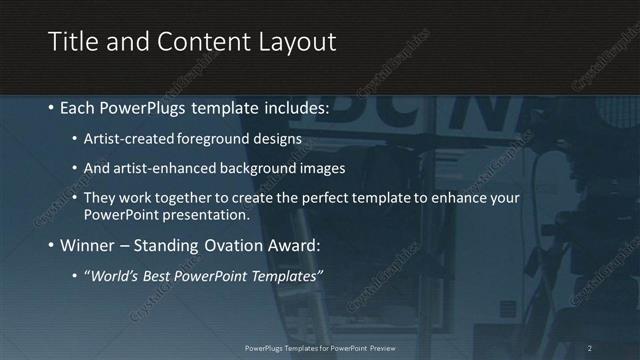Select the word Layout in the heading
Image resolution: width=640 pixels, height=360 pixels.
[298, 41]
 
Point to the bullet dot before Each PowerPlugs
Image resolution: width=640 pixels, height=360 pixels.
[52, 107]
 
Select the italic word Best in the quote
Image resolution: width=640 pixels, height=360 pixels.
[165, 275]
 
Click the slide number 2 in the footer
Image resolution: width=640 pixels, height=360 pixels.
[590, 348]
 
